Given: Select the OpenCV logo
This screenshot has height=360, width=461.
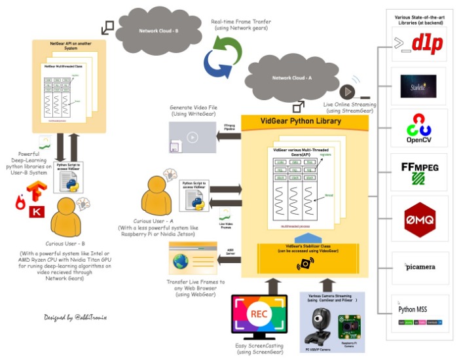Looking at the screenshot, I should click(x=419, y=126).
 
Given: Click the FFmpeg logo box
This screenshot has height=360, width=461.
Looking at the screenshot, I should click(x=419, y=171).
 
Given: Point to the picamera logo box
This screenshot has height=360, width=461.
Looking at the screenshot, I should click(x=419, y=266).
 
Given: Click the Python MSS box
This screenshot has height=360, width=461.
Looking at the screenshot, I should click(x=419, y=312).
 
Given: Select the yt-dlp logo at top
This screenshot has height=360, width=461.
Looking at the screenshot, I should click(x=419, y=44).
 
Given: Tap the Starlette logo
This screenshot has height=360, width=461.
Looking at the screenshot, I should click(x=419, y=82).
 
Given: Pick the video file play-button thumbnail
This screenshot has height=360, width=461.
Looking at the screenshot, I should click(x=191, y=138).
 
